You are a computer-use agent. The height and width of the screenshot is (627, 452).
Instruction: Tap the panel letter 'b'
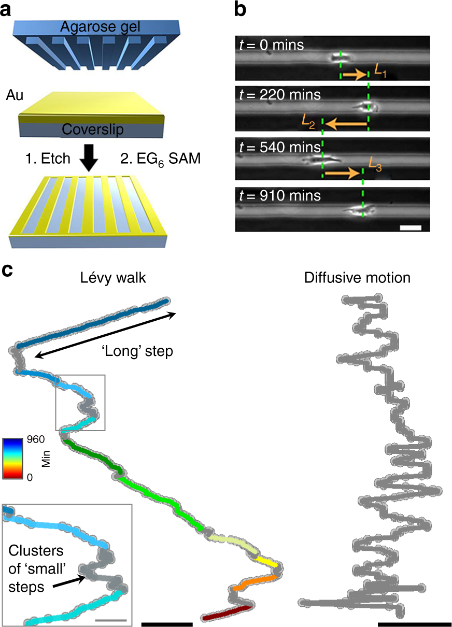240,9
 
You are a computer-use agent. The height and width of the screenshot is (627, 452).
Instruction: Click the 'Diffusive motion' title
357,278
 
